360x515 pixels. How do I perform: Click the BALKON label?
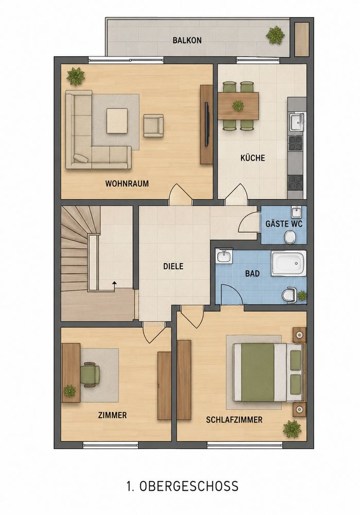coord(187,40)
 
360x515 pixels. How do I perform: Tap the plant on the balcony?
coord(275,35)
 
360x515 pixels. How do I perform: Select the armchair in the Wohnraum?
coord(153,126)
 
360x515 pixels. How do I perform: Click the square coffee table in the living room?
coord(117,121)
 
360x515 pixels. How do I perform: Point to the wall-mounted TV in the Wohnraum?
coord(207,124)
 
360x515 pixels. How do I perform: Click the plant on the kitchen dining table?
coord(237,106)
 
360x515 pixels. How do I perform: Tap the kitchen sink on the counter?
coord(297,122)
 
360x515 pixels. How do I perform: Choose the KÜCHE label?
coord(252,158)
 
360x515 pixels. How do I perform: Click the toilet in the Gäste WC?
coord(290,236)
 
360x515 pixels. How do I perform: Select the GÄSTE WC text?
coord(284,224)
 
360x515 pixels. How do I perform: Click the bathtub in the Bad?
coord(289,263)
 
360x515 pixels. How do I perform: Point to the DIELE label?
coord(173,266)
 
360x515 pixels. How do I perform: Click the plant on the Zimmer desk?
coord(70,390)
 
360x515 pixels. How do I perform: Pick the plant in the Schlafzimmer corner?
coord(292,428)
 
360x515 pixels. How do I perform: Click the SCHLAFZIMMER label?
coord(234,419)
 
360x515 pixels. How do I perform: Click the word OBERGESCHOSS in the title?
coord(189,486)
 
